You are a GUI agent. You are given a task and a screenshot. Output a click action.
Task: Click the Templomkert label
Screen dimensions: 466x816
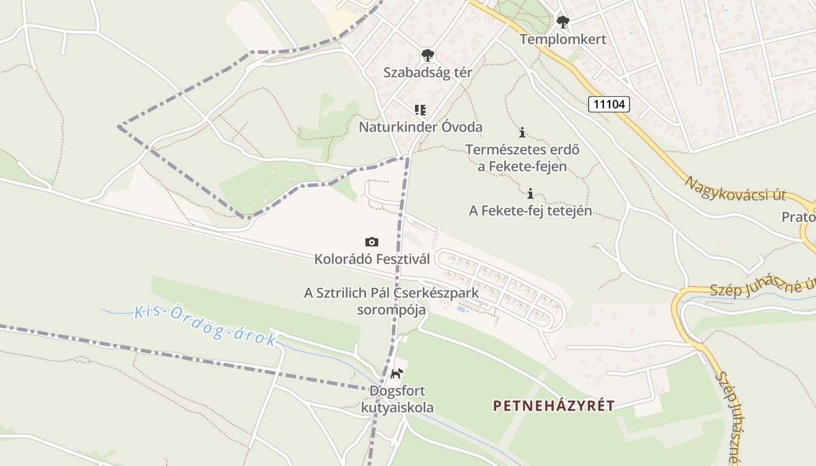(562, 39)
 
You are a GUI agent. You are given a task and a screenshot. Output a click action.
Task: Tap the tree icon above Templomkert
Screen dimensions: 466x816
(562, 23)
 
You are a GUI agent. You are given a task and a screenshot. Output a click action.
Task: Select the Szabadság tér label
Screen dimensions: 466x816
(427, 72)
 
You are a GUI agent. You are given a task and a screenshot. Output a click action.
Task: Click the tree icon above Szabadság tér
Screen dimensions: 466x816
(428, 56)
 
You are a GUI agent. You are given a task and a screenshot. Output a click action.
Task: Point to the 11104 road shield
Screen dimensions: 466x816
(609, 104)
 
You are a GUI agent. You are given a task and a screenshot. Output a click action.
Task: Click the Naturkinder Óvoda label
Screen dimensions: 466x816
(420, 126)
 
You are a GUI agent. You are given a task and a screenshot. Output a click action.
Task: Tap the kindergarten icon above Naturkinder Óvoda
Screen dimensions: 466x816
(420, 110)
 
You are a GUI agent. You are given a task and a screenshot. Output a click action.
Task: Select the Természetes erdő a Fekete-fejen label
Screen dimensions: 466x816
(522, 158)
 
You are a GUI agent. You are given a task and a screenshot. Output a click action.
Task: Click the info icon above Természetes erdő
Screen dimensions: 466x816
(522, 132)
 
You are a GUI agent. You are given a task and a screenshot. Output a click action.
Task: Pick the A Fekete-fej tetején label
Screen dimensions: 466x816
(530, 210)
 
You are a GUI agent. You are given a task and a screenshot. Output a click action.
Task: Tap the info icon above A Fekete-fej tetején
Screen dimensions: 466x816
(530, 193)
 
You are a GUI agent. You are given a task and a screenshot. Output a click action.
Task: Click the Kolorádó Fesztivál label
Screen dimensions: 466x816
(372, 259)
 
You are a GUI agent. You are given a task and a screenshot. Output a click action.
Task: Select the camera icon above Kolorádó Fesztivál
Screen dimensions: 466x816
(371, 242)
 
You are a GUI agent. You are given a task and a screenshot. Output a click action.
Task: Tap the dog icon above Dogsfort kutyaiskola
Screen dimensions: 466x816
(397, 373)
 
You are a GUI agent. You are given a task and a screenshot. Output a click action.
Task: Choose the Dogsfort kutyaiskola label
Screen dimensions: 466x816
(401, 399)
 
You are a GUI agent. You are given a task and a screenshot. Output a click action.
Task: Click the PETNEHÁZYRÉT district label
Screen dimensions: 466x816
(553, 405)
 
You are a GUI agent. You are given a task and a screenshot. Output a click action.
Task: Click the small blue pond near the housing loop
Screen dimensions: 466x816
(462, 310)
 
